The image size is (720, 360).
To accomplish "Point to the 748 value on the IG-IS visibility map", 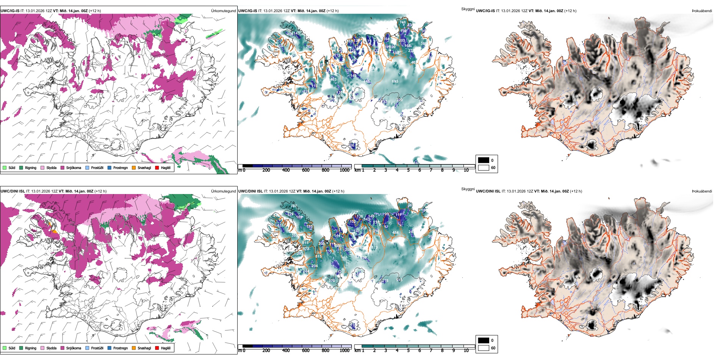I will coord(402,22).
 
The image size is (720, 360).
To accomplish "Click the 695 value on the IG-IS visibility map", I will coord(395,81).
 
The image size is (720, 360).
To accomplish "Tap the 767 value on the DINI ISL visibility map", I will coord(294,206).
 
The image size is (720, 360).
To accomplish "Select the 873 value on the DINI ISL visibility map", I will coord(374,247).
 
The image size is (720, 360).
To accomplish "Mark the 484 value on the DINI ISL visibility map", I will coord(395,233).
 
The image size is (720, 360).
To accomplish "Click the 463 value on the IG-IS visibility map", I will coord(333,80).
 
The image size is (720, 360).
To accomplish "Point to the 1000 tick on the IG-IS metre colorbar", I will coord(344,170).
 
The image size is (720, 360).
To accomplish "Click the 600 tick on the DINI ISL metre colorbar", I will coord(306,351).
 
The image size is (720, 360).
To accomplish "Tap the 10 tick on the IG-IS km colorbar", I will coord(466,170).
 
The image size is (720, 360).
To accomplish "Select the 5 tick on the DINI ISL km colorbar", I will coord(409,351).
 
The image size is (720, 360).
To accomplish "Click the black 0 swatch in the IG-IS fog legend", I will coord(484,160).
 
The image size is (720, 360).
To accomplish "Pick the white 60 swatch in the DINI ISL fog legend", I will coord(484,347).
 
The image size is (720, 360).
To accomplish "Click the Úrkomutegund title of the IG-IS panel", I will coord(223,11).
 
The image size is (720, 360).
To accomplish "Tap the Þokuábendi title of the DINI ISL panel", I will coord(702,191).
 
